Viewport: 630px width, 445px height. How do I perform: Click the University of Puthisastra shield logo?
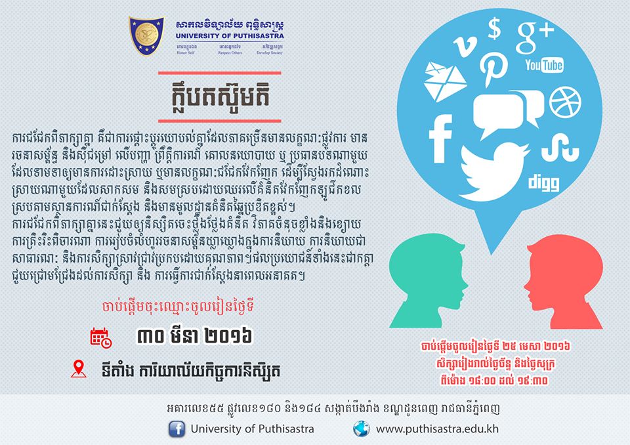tap(146, 35)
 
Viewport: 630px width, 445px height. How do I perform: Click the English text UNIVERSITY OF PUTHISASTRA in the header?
tap(230, 36)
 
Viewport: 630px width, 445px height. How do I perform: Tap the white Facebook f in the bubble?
tap(440, 138)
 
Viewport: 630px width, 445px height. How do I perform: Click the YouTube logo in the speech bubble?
tap(545, 65)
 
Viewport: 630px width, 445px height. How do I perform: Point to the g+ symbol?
tap(535, 37)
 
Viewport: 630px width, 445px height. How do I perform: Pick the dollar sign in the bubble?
tap(495, 29)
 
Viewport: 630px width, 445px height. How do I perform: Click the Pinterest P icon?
tap(493, 69)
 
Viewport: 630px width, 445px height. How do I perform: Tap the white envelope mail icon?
tap(445, 81)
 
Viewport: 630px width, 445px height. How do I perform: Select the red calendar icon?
tap(101, 337)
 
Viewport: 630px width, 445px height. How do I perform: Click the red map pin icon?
tap(79, 369)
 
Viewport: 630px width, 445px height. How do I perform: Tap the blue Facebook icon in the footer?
tap(177, 429)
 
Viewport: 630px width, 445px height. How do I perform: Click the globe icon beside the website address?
tap(361, 429)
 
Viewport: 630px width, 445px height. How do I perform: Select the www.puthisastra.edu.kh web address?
tap(437, 429)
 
